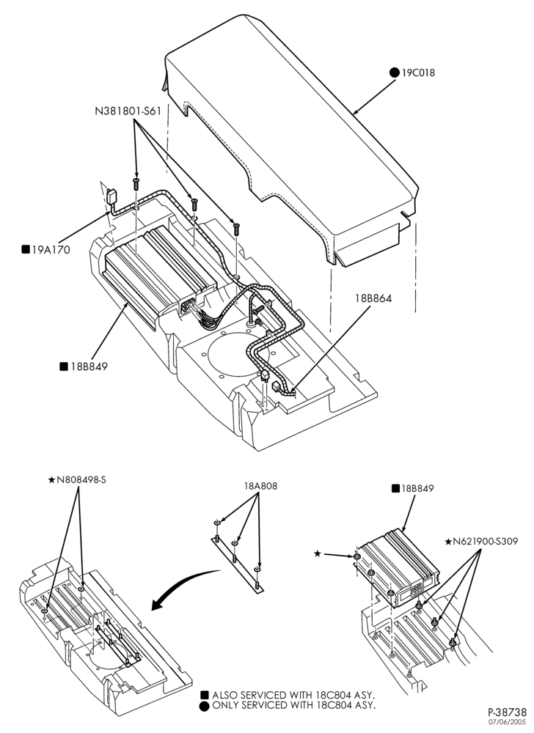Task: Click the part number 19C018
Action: (417, 73)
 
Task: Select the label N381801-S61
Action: (128, 111)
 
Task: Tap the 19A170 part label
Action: (51, 250)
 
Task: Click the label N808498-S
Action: (81, 479)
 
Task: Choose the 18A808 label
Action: (260, 486)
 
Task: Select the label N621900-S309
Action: (486, 542)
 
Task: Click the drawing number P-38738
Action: (508, 712)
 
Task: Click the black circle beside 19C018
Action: (395, 73)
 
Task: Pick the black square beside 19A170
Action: (26, 249)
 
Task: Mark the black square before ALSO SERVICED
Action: (205, 695)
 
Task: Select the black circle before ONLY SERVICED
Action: (205, 706)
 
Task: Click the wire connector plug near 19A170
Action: (111, 196)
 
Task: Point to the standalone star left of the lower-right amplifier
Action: (318, 554)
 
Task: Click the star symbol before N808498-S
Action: (52, 479)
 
